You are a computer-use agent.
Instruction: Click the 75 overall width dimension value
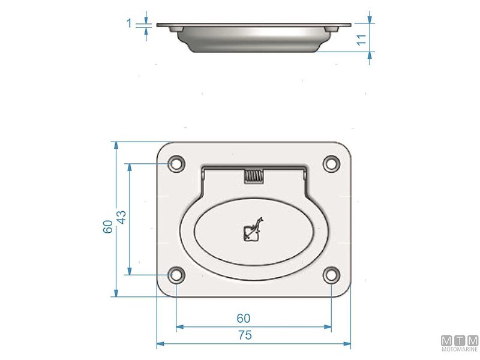tap(244, 336)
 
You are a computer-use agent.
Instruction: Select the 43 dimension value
tap(121, 217)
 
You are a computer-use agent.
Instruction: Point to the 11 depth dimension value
tap(361, 40)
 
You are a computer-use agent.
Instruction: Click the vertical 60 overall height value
tap(107, 227)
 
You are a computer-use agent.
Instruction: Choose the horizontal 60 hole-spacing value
tap(244, 318)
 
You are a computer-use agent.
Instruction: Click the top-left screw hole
tap(176, 163)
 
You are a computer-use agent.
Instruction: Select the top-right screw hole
tap(331, 163)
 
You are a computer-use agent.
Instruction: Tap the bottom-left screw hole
tap(176, 275)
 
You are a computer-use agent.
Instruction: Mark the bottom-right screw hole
tap(331, 275)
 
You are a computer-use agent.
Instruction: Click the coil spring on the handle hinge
tap(253, 176)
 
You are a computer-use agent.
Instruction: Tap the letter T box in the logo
tap(460, 340)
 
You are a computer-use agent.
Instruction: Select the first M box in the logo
tap(447, 340)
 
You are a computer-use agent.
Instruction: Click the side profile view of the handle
tap(253, 37)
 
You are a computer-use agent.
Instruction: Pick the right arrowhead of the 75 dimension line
tap(347, 344)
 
